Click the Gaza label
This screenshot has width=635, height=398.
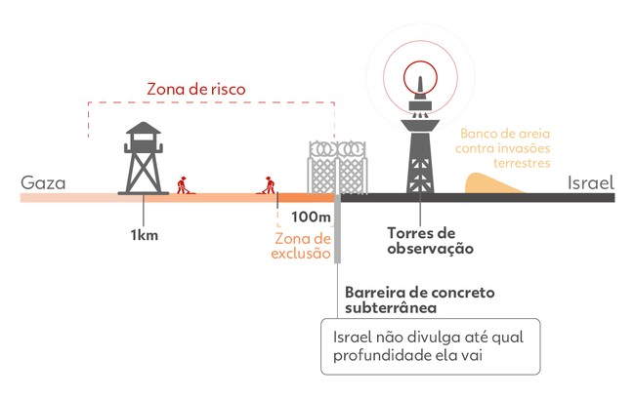(43, 182)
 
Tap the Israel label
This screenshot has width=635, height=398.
(591, 182)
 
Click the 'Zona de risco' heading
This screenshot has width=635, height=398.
(196, 89)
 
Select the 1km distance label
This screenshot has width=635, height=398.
(145, 235)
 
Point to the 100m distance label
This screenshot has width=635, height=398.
(311, 217)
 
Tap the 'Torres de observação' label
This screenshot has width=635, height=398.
(430, 241)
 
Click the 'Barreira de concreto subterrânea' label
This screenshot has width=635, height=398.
(419, 299)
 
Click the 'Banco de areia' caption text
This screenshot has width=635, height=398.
(502, 148)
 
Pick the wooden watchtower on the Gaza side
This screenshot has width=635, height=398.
(144, 158)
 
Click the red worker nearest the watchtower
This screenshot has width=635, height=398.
(183, 185)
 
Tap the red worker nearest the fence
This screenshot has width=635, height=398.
(268, 185)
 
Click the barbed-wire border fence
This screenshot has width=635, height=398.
(337, 168)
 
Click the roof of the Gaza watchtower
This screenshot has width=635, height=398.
(144, 128)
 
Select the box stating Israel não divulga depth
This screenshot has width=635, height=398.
(431, 346)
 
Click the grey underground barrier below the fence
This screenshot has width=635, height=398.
(337, 230)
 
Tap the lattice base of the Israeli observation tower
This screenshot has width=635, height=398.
(420, 161)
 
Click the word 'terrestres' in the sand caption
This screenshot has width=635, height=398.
(522, 163)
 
